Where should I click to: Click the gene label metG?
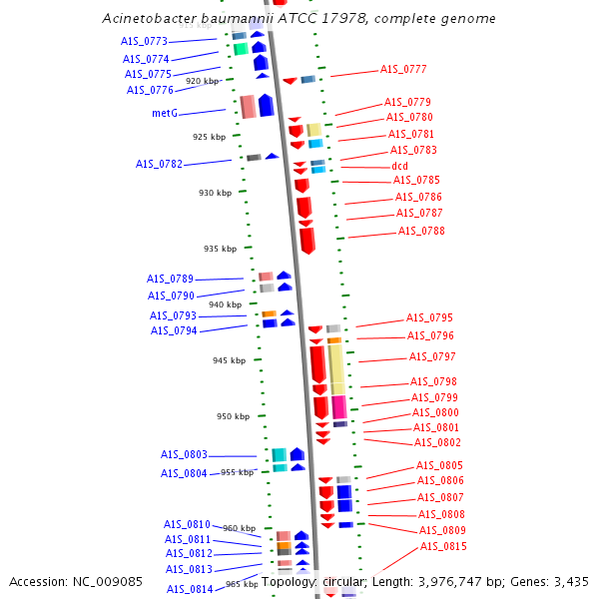point(165,113)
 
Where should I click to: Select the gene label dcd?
point(399,166)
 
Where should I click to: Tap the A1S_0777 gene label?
point(403,69)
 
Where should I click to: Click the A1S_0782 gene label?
point(159,164)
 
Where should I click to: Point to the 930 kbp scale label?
point(215,193)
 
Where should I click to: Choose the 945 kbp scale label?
point(230,360)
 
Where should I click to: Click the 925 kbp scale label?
point(210,137)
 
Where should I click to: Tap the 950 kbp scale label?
point(234,416)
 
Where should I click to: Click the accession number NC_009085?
point(108,582)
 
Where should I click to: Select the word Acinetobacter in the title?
point(150,18)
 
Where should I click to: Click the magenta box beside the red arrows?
point(339,407)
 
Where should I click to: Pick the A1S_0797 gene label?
point(432,356)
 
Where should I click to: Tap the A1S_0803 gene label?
point(184,454)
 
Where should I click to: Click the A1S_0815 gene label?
point(443,547)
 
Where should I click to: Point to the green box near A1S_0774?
point(241,49)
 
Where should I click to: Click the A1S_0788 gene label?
point(421,232)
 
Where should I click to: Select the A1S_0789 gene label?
point(170,279)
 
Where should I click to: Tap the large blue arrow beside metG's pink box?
point(267,105)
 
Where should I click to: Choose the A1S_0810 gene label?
point(188,524)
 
